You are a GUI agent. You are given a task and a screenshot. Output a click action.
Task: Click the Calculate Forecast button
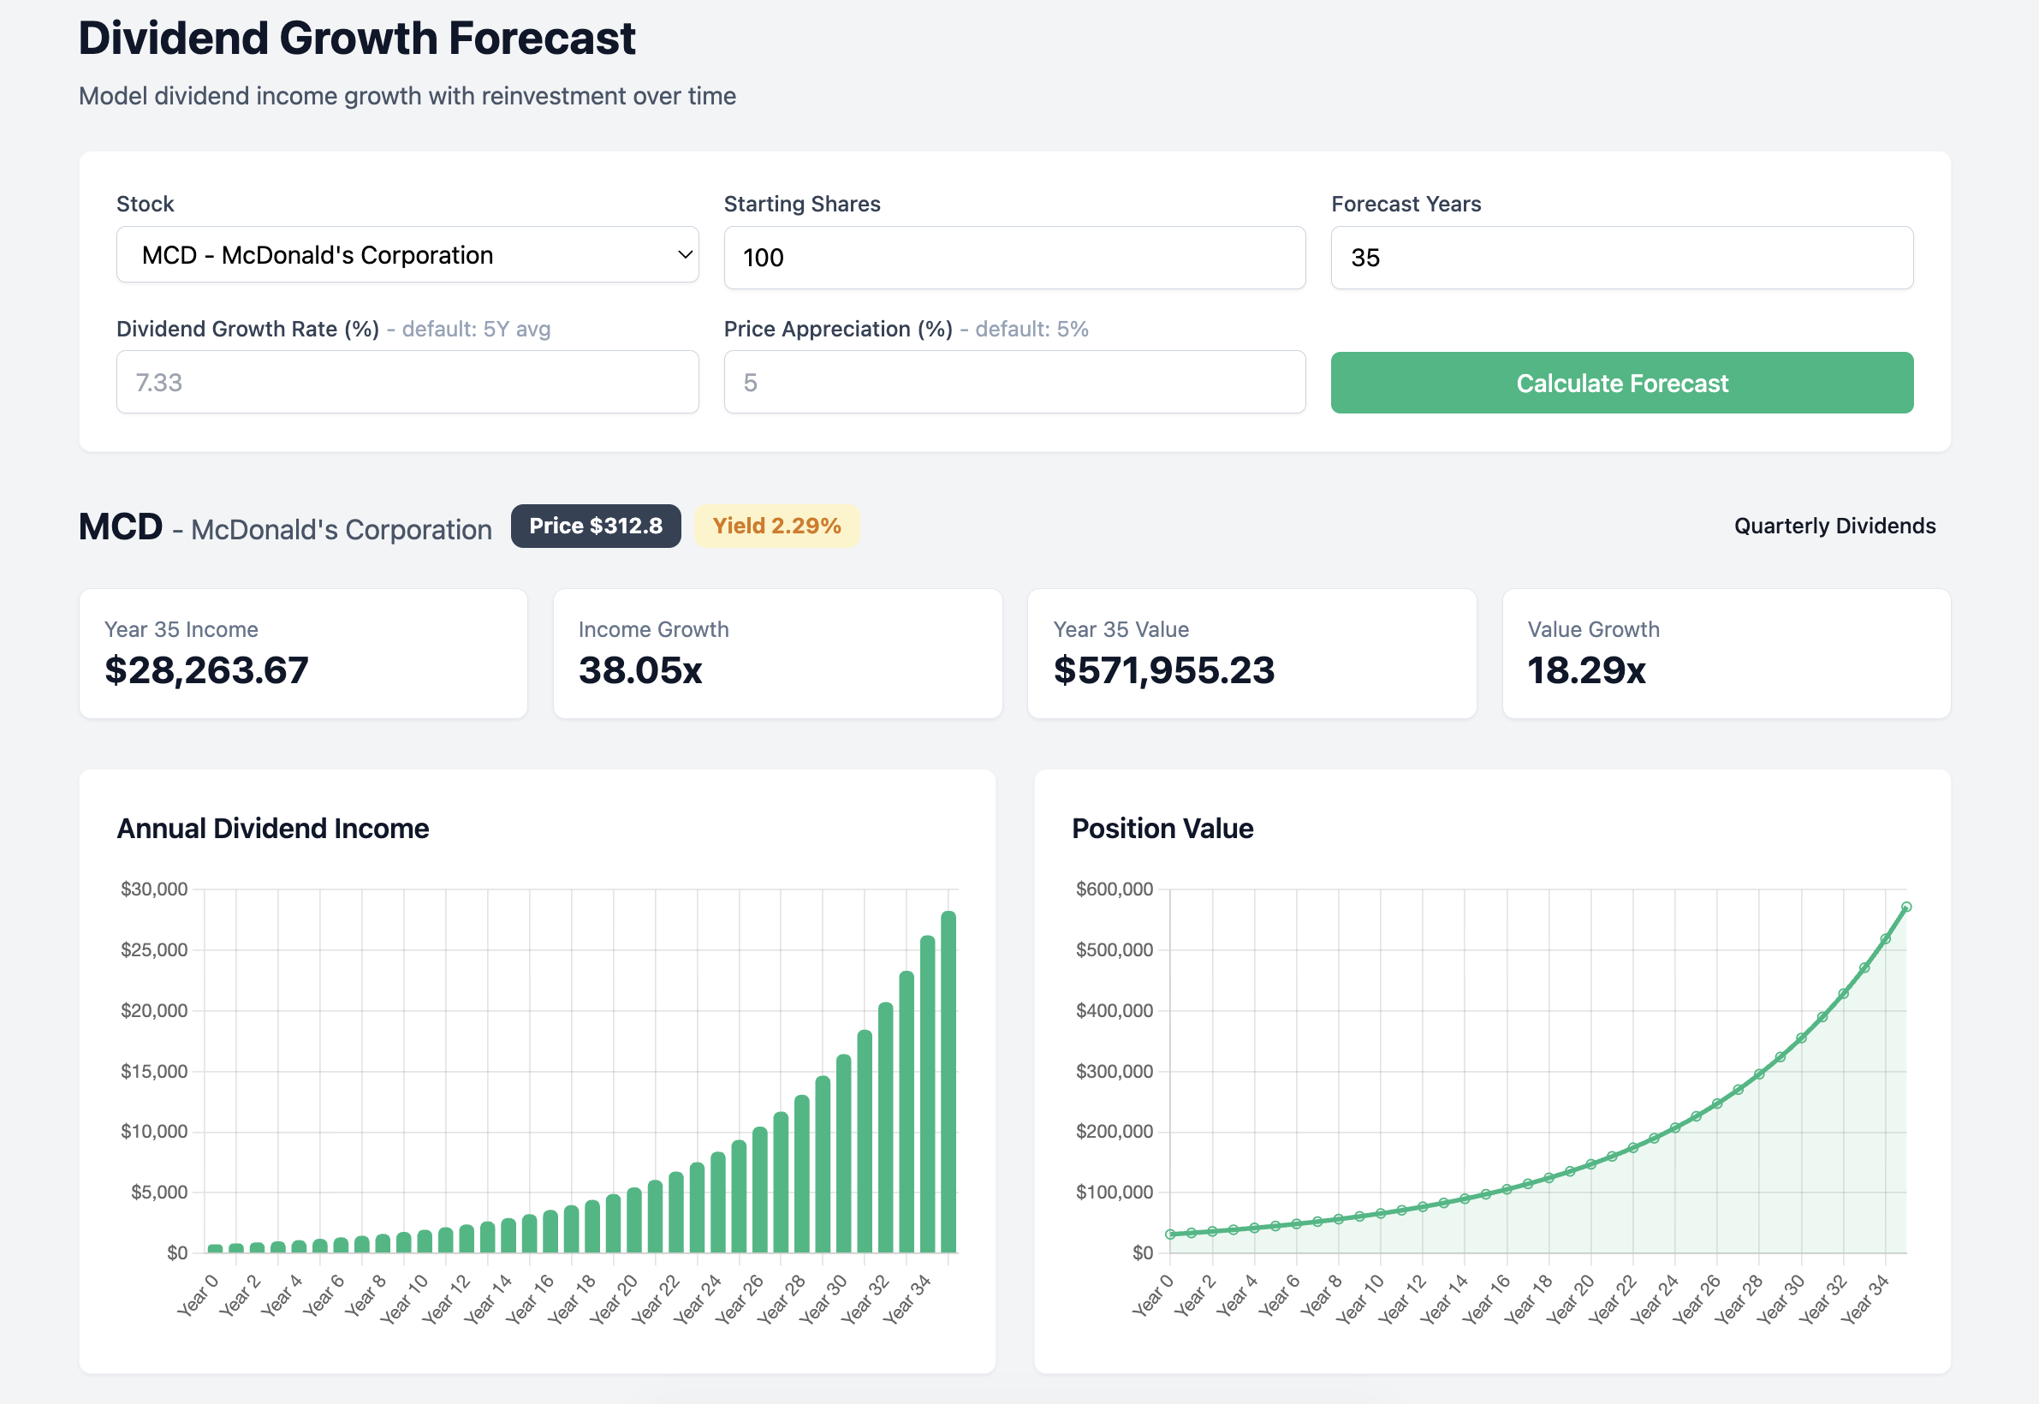(x=1621, y=383)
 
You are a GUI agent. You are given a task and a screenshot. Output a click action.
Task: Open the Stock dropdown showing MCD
(x=407, y=255)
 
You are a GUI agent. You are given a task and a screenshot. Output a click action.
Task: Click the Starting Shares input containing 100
(x=1014, y=258)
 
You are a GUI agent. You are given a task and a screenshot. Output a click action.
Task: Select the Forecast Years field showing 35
(x=1621, y=258)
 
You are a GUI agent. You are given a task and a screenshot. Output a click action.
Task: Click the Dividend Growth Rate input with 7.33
(x=407, y=383)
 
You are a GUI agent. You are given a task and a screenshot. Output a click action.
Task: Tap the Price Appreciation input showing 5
(x=1014, y=383)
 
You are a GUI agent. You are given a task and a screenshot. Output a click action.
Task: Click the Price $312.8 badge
(x=596, y=526)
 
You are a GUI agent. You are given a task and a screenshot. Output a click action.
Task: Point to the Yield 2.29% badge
(x=776, y=526)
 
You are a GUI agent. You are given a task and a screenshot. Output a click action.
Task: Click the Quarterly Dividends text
(x=1834, y=526)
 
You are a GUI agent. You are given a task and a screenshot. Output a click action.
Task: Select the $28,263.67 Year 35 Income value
(x=206, y=670)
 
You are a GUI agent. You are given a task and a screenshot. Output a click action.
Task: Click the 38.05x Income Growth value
(x=639, y=670)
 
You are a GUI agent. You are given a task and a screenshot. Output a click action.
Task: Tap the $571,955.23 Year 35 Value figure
(x=1163, y=670)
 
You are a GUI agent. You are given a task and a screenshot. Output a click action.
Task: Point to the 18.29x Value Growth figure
(x=1585, y=670)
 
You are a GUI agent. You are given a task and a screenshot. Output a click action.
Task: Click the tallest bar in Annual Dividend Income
(x=948, y=1082)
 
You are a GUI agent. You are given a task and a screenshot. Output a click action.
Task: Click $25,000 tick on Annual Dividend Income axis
(x=154, y=950)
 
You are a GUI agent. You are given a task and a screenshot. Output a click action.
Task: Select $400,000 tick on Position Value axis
(x=1114, y=1011)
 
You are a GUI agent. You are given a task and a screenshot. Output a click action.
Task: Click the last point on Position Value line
(x=1905, y=907)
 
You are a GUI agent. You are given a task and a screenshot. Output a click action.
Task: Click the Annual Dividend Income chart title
(x=273, y=829)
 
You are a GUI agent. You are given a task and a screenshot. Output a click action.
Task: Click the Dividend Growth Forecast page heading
(x=356, y=39)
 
